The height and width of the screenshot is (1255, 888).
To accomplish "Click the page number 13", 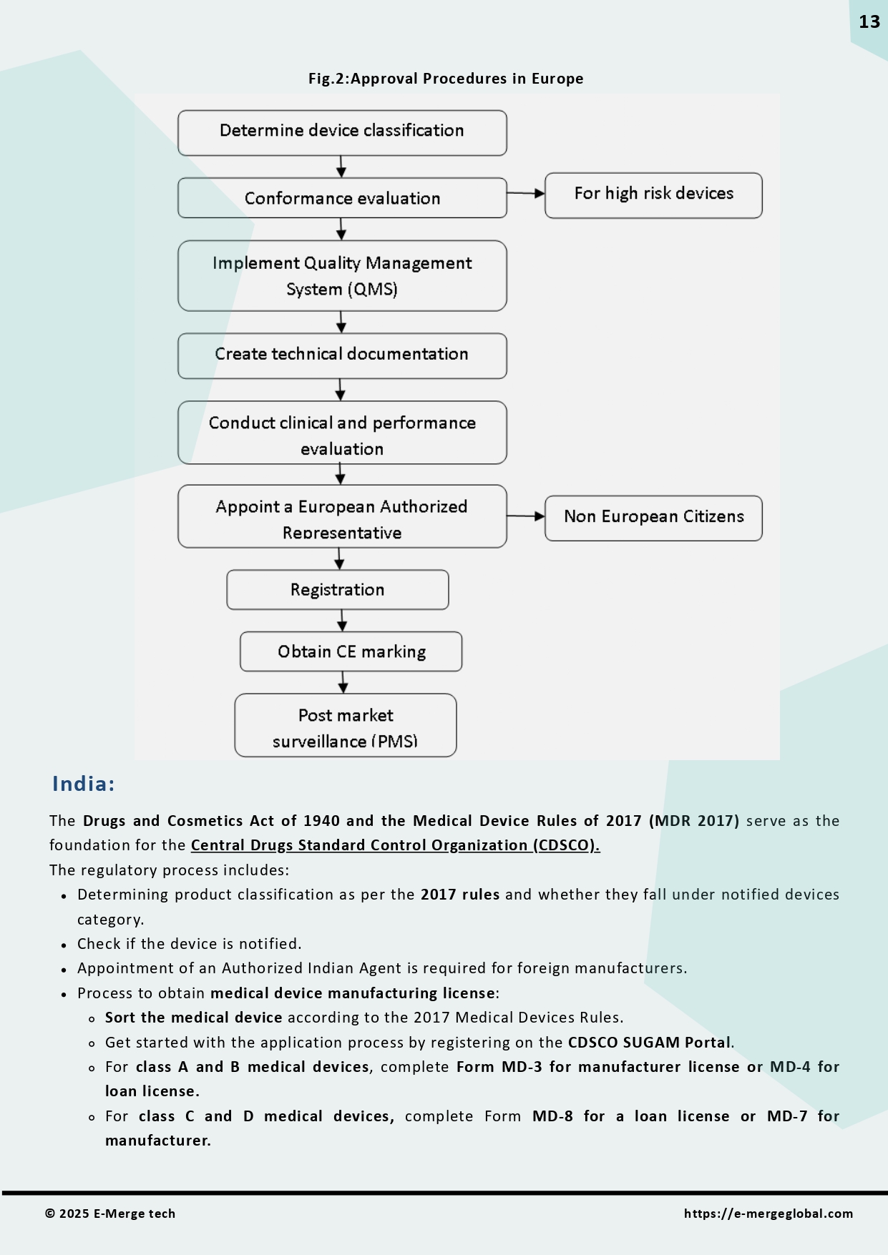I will point(869,22).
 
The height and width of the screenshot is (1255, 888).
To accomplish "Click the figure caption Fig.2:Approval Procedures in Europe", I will point(445,79).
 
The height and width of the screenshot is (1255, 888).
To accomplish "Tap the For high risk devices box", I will point(653,195).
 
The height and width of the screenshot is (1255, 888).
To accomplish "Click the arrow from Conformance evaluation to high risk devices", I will point(525,193).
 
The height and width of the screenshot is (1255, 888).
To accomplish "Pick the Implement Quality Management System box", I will point(342,275).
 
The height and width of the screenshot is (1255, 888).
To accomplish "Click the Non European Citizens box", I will point(653,518).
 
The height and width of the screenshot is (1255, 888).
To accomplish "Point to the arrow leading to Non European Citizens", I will point(525,516).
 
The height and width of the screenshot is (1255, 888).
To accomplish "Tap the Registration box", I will point(337,590).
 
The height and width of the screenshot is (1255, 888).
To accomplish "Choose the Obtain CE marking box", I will point(351,651).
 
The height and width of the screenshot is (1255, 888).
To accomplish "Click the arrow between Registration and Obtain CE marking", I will point(342,621).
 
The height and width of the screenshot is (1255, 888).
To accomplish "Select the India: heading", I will point(83,784).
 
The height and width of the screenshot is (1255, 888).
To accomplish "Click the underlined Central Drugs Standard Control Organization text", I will point(395,845).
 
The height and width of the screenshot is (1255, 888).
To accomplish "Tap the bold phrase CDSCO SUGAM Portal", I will point(649,1043).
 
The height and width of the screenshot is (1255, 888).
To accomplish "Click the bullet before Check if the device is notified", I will point(64,945).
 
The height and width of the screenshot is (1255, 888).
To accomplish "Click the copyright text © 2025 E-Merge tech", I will point(110,1214).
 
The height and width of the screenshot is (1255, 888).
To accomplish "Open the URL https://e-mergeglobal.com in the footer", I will point(768,1214).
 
